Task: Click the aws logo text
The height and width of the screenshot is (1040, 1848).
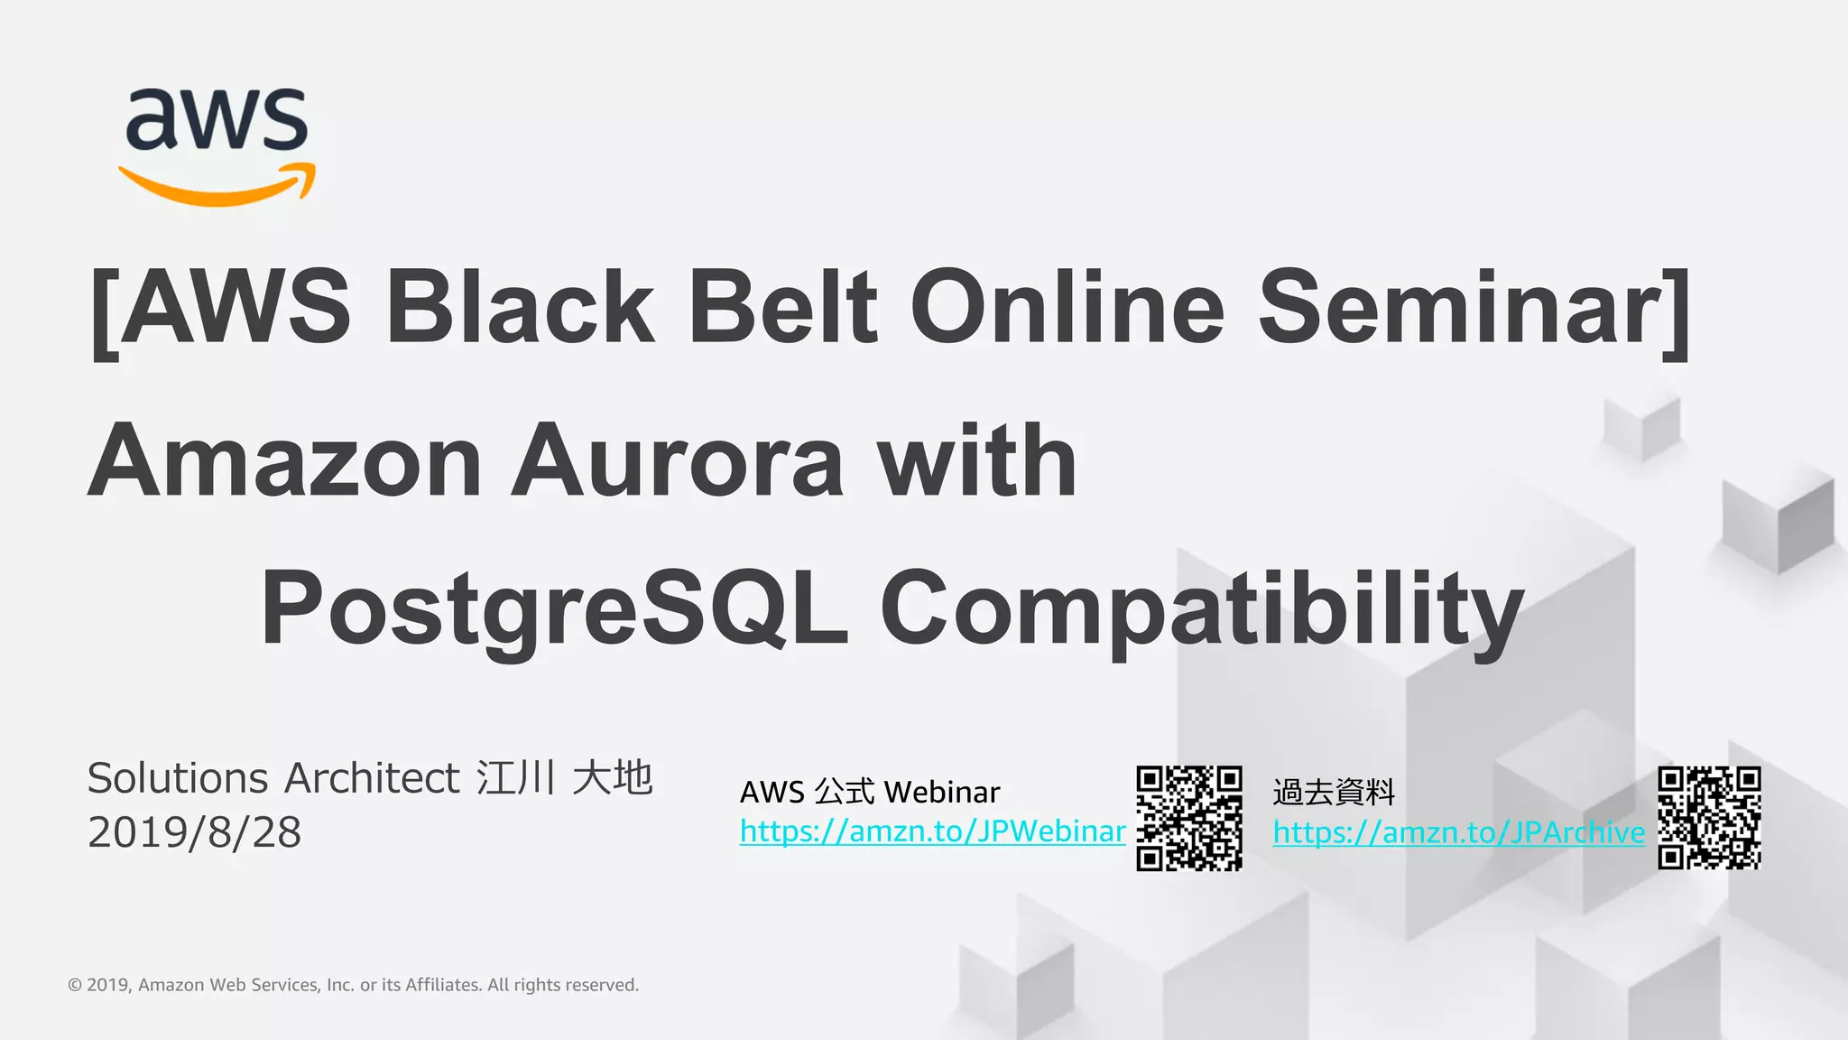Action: click(217, 119)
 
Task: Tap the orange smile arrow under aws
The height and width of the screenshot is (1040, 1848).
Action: click(217, 186)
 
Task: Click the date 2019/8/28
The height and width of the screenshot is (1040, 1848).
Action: click(194, 832)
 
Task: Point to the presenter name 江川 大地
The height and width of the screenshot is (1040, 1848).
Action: click(565, 777)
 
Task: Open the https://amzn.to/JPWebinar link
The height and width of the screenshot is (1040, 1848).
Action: click(932, 831)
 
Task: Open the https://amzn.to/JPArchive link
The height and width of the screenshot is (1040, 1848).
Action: click(1458, 832)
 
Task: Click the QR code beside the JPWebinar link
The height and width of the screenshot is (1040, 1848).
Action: click(1188, 818)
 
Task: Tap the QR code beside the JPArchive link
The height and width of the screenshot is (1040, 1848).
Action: click(1709, 818)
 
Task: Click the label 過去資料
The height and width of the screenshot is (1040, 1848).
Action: click(1334, 793)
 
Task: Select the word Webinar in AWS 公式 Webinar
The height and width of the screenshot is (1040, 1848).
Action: click(942, 793)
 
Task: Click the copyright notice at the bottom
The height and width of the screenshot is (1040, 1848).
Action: click(353, 985)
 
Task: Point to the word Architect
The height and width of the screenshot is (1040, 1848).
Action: click(373, 778)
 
